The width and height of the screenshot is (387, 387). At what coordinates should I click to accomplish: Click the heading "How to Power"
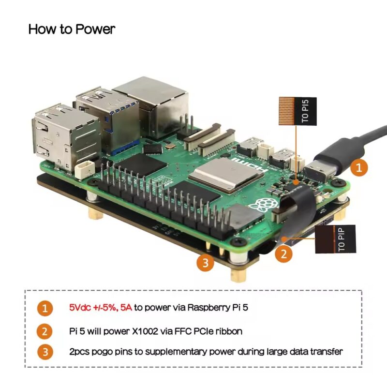(72, 29)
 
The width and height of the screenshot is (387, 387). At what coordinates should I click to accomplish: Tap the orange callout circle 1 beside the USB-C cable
(358, 167)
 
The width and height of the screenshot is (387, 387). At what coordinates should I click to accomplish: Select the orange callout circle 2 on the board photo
(284, 252)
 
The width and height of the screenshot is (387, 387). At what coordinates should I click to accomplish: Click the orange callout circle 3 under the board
(205, 263)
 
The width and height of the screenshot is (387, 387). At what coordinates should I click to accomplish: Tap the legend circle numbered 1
(45, 308)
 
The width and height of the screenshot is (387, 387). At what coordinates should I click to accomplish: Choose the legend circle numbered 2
(45, 331)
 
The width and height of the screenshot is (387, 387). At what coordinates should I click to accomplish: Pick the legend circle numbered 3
(45, 352)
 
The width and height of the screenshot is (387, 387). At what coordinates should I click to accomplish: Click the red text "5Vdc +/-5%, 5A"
(100, 307)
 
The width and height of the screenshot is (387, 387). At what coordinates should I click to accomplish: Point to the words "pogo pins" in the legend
(107, 352)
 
